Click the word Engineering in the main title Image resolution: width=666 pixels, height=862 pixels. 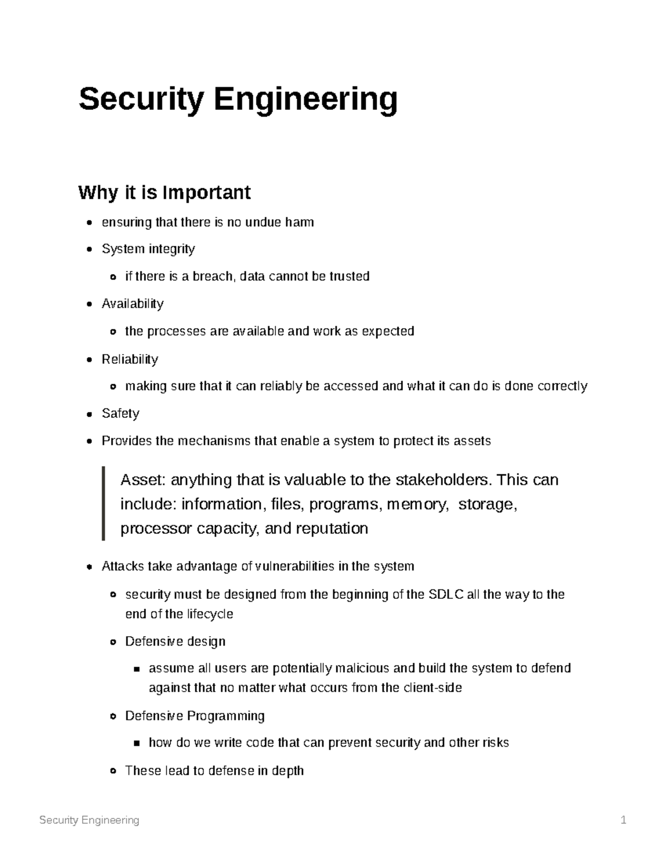(306, 100)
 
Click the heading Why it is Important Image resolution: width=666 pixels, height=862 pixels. (164, 193)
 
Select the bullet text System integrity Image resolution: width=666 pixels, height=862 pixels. (148, 249)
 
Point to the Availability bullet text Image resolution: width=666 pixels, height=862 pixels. (133, 304)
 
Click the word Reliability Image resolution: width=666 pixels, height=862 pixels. (130, 359)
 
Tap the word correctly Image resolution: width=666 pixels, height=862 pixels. (562, 386)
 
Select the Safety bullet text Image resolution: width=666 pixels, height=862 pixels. (120, 414)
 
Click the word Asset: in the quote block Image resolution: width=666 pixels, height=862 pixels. (143, 480)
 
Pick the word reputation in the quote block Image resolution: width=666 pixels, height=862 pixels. (332, 528)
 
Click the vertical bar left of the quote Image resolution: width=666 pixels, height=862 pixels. (103, 503)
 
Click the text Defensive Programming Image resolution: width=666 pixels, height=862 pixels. (195, 716)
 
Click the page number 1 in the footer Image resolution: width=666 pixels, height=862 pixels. (623, 820)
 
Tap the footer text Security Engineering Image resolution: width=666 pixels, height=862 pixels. (89, 820)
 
